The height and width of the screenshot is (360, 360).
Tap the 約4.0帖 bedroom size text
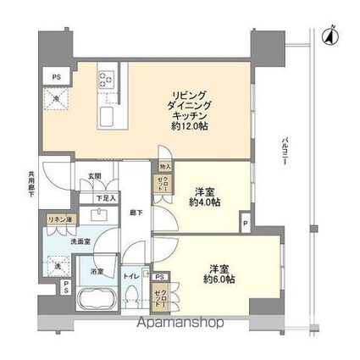tap(205, 202)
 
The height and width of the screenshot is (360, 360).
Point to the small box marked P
tap(244, 224)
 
